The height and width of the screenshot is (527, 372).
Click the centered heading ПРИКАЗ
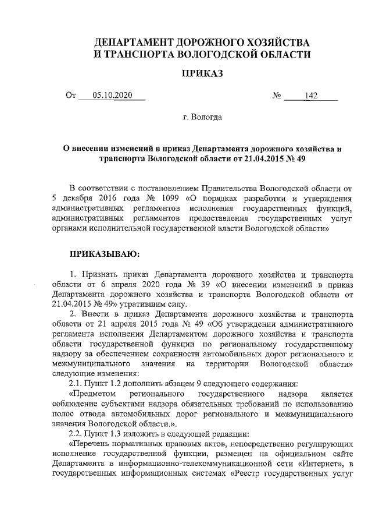point(203,74)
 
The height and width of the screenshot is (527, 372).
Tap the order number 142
point(311,97)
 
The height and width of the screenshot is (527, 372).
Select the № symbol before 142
point(277,97)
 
